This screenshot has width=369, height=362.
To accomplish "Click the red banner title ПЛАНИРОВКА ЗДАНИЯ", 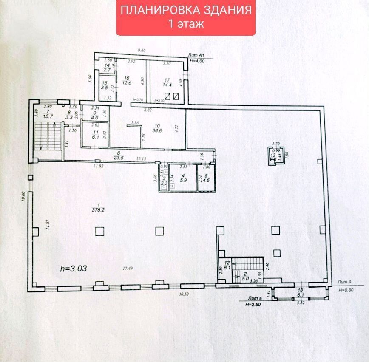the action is click(x=186, y=10).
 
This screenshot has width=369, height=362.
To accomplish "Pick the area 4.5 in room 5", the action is click(x=206, y=180).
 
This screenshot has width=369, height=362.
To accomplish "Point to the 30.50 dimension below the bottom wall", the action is click(x=183, y=294).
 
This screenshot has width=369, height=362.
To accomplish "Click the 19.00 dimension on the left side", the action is click(x=24, y=198).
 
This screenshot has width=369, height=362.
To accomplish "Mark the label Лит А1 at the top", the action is click(x=197, y=55).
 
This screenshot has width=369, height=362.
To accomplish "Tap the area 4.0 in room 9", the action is click(x=95, y=118).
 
